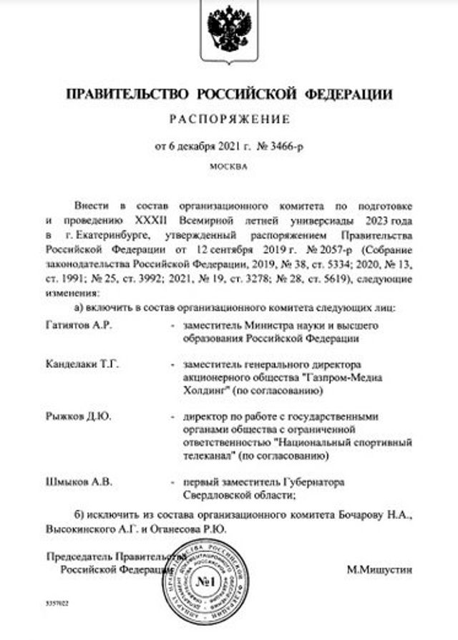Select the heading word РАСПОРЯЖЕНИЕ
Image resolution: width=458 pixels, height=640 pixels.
[229, 119]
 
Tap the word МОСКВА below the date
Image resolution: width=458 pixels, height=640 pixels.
[228, 166]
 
